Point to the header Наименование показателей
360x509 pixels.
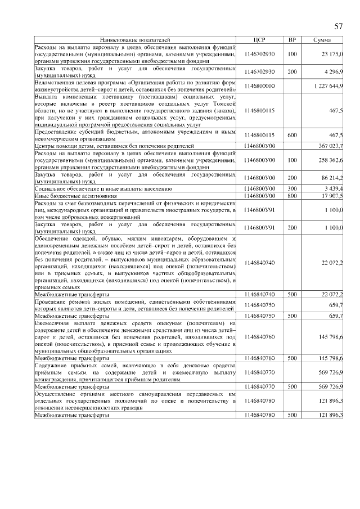point(134,40)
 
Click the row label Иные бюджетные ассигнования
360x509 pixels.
point(76,195)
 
